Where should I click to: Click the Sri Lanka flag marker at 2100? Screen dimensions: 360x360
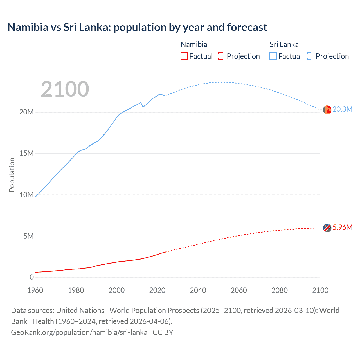point(327,110)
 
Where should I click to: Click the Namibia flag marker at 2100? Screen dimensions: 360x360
point(327,228)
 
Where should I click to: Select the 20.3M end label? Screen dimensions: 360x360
point(342,109)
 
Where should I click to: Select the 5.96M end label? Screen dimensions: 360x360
point(342,228)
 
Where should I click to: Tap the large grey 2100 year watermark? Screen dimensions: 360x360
point(65,89)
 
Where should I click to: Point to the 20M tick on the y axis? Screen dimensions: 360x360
point(26,112)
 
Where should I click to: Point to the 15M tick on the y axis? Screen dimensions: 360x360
point(26,154)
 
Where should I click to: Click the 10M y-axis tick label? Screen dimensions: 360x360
point(26,195)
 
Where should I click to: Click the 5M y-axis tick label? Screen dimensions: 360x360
point(28,236)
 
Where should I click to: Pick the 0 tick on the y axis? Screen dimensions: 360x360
point(31,277)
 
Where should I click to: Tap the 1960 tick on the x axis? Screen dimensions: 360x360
point(35,290)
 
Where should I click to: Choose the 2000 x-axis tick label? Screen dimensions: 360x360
point(116,290)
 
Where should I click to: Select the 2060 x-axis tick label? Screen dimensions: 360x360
point(239,290)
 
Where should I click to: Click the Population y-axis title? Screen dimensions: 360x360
point(12,175)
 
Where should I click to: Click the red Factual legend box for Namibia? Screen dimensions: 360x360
point(184,56)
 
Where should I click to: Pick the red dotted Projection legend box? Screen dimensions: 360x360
point(222,56)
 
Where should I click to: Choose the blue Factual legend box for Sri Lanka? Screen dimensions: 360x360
point(273,56)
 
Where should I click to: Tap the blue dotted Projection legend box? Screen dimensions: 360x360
point(311,56)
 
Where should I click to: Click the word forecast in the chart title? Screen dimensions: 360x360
point(247,27)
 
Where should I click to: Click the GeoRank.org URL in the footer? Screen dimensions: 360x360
point(79,332)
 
